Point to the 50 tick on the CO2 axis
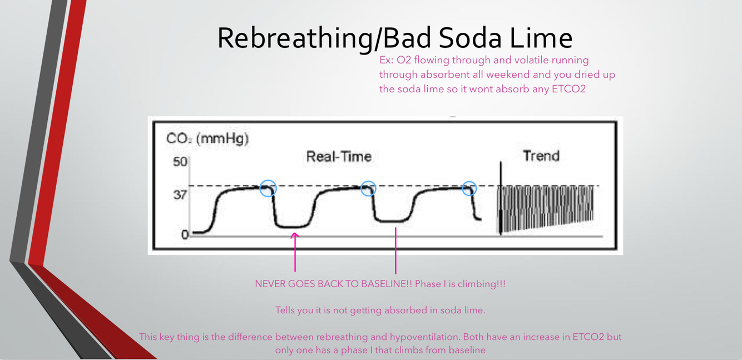tap(180, 162)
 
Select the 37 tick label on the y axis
tap(179, 195)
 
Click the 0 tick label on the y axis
tap(185, 235)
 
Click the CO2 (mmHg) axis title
tap(207, 139)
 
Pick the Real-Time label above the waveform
tap(338, 157)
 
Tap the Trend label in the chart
tap(541, 156)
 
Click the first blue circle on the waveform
tap(268, 188)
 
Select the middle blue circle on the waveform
tap(368, 188)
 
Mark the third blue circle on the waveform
tap(469, 188)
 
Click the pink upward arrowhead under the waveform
tap(295, 236)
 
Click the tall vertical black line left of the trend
tap(501, 198)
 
